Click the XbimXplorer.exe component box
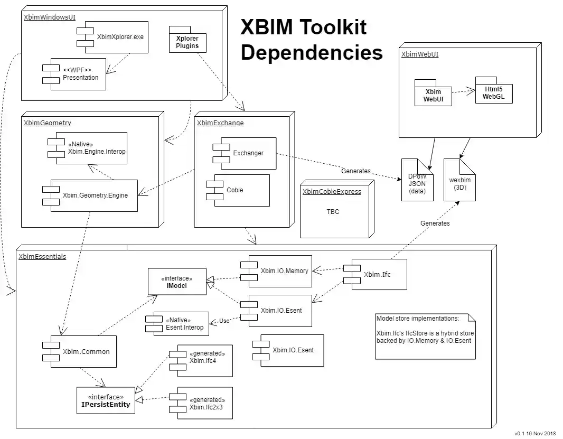coord(116,37)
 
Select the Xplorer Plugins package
coord(187,42)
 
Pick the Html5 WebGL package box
coord(494,92)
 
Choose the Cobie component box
coord(241,190)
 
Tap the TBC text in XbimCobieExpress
coord(333,212)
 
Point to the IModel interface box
coord(176,282)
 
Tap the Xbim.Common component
coord(85,351)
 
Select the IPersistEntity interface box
coord(106,400)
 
